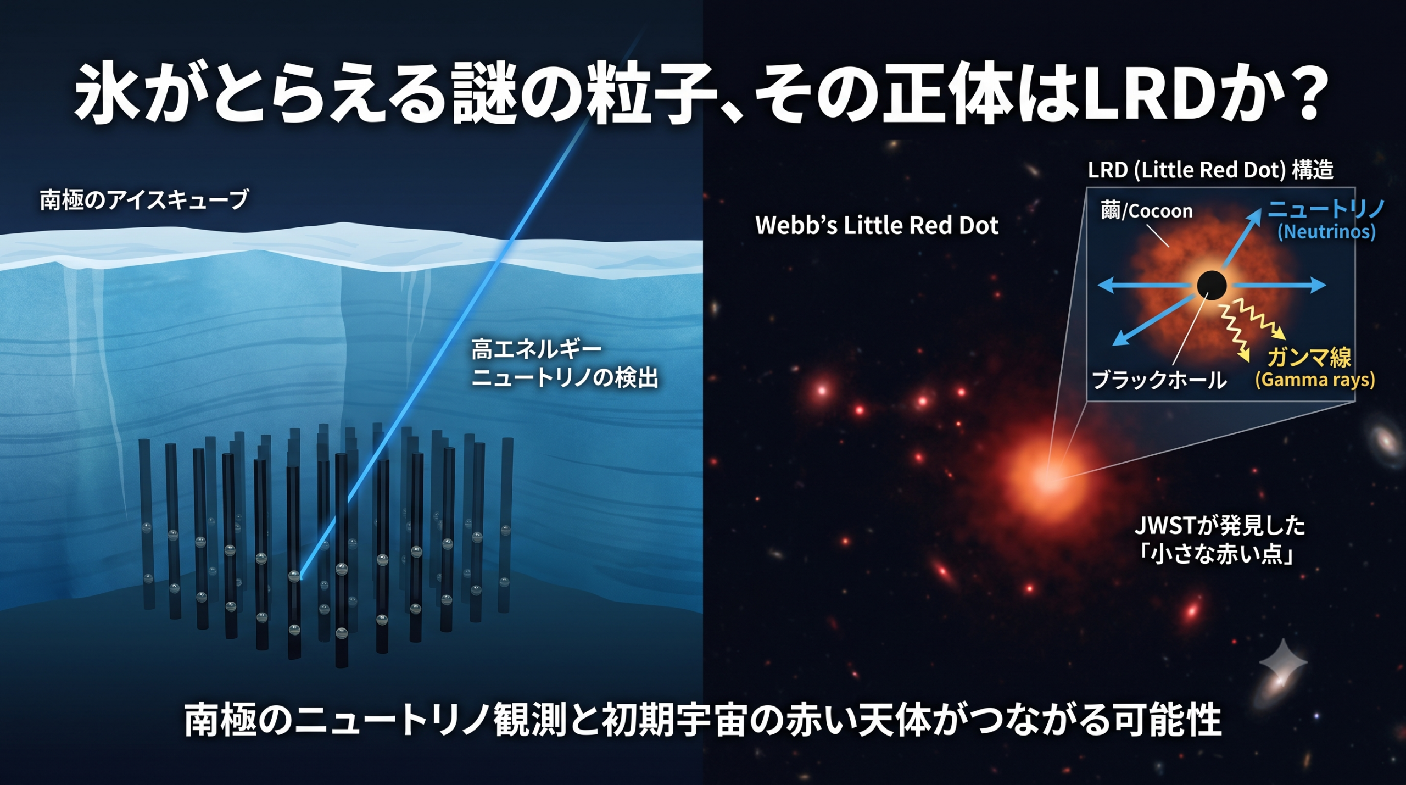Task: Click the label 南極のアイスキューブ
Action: [144, 199]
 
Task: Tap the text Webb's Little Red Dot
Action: [877, 225]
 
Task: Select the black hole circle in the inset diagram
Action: [1212, 285]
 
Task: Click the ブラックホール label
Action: [1159, 380]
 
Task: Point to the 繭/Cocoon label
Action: [1147, 210]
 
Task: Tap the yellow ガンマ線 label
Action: [1309, 358]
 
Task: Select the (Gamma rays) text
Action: [1315, 380]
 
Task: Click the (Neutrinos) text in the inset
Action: [1326, 231]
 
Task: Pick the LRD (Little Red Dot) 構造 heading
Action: [1210, 170]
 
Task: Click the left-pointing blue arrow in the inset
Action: [1147, 285]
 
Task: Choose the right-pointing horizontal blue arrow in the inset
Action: [1279, 285]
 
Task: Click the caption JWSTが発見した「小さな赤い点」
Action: [1220, 540]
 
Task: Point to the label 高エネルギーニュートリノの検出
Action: [565, 364]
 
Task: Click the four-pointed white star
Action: [1283, 663]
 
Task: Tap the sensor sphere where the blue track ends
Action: [294, 576]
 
